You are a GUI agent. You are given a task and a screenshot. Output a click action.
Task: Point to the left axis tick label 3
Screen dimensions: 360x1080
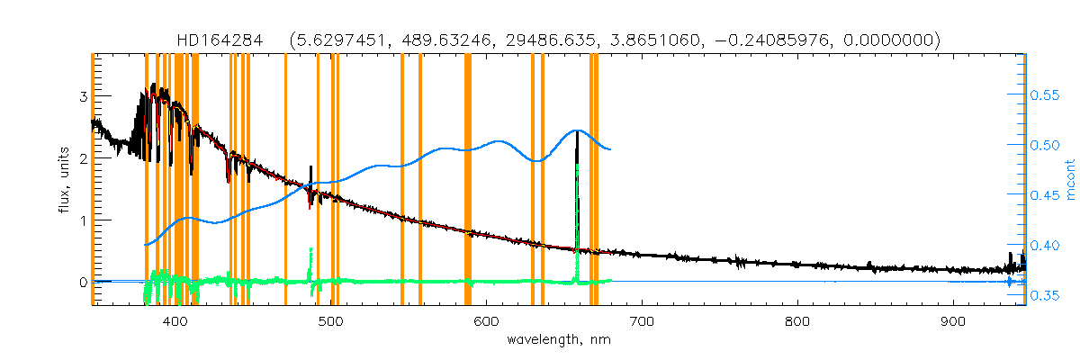coord(83,96)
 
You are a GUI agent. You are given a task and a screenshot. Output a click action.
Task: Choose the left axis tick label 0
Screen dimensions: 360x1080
coord(83,283)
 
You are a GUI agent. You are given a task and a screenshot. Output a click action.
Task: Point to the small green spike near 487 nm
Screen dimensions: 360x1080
coord(310,249)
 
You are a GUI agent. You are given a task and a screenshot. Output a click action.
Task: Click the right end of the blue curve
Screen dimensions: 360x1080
coord(611,149)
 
